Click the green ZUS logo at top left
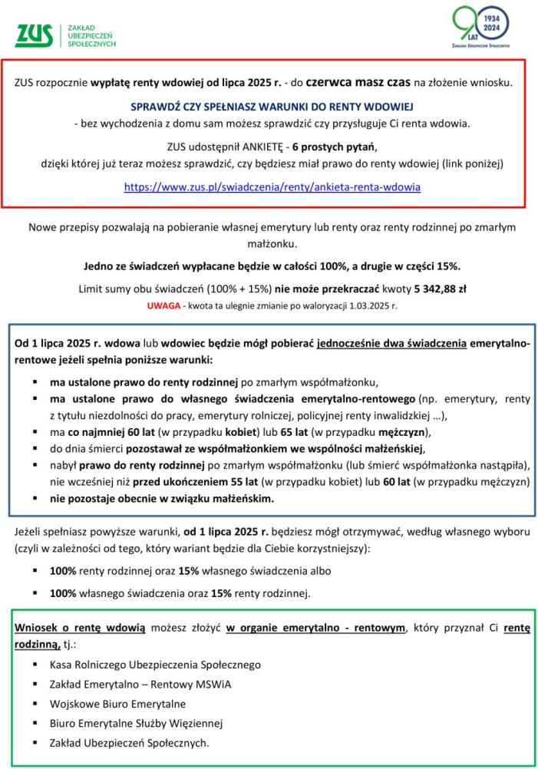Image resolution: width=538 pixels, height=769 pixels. coord(35,35)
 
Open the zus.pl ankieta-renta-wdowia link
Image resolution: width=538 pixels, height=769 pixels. coord(272,186)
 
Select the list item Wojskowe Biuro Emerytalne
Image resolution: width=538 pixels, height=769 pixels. coord(117,704)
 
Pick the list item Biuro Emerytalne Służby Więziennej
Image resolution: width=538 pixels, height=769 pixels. coord(136,723)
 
